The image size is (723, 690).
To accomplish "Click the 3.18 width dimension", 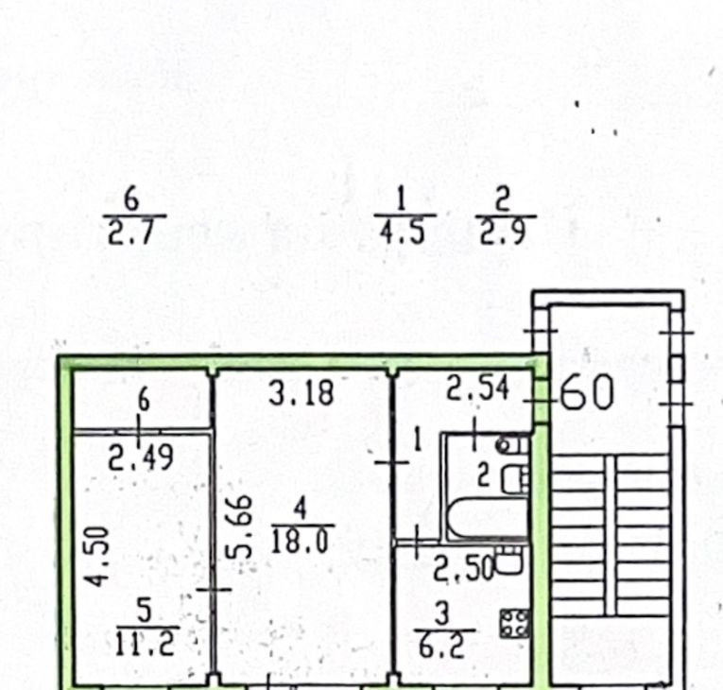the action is (x=301, y=393).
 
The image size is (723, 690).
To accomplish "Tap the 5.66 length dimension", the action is (x=239, y=526).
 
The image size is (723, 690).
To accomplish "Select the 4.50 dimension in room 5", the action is (x=97, y=557).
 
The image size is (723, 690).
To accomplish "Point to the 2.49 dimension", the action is (x=141, y=457).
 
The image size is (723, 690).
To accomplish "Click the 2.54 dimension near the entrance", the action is (x=477, y=388).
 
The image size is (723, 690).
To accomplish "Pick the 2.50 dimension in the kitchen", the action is (x=464, y=570).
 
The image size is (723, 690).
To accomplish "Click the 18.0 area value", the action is (x=300, y=541).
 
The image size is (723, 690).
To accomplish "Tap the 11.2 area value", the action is (x=145, y=643).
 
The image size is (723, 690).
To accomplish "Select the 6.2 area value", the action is (x=441, y=645).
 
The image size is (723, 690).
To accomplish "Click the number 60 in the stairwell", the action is (x=588, y=392).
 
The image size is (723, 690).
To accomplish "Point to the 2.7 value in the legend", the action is (x=130, y=232).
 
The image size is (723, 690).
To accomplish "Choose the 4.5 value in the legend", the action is (x=402, y=231).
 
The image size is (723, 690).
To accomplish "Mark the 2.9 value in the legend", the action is (x=503, y=232).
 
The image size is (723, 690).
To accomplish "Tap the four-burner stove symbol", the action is (x=515, y=624).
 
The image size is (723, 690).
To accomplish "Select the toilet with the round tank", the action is (x=512, y=444).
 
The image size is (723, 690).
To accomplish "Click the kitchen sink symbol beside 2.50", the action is (x=508, y=560).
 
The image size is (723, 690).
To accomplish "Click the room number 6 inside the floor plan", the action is (x=144, y=400).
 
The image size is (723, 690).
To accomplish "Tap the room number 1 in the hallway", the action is (x=418, y=440).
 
